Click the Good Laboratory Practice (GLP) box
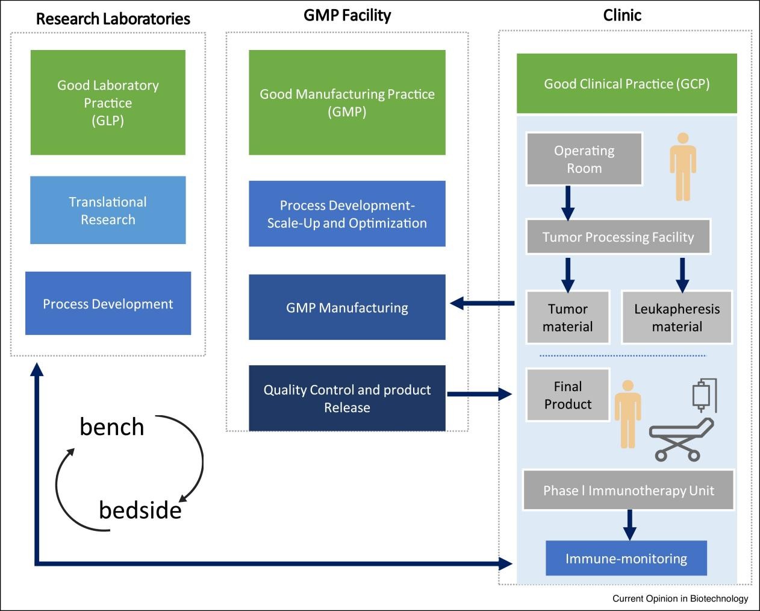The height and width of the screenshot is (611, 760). pyautogui.click(x=108, y=102)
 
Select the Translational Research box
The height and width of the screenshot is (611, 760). pyautogui.click(x=108, y=210)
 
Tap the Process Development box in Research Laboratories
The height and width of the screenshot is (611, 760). pyautogui.click(x=108, y=303)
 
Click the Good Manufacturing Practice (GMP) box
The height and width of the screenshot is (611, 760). pyautogui.click(x=347, y=102)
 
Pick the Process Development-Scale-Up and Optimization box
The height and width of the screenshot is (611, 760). pyautogui.click(x=347, y=214)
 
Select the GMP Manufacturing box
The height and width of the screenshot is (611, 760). pyautogui.click(x=347, y=307)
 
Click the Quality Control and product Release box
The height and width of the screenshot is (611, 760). pyautogui.click(x=347, y=398)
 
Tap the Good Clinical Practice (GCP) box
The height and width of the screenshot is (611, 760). pyautogui.click(x=626, y=84)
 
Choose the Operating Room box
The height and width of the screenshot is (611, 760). pyautogui.click(x=584, y=159)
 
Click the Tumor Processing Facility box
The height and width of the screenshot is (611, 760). pyautogui.click(x=618, y=237)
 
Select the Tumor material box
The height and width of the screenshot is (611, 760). pyautogui.click(x=567, y=318)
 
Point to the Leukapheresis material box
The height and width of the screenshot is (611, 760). pyautogui.click(x=676, y=318)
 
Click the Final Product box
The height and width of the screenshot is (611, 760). pyautogui.click(x=567, y=395)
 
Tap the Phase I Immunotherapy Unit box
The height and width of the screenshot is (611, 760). pyautogui.click(x=628, y=490)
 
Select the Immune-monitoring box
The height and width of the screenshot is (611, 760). pyautogui.click(x=626, y=559)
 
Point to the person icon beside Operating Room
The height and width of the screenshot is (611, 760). pyautogui.click(x=682, y=167)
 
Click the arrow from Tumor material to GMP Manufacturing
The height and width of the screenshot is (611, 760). pyautogui.click(x=482, y=303)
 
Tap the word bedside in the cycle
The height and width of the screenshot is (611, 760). pyautogui.click(x=140, y=510)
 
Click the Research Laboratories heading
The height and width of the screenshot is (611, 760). pyautogui.click(x=113, y=18)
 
